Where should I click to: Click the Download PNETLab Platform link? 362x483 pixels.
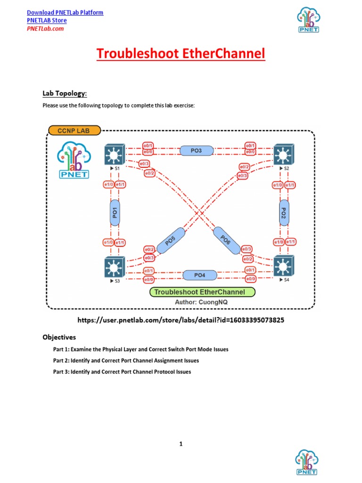coord(65,12)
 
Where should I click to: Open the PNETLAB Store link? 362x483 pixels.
coord(47,20)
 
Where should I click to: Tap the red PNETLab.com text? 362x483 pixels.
coord(45,28)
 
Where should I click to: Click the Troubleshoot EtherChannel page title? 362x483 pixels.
coord(181,54)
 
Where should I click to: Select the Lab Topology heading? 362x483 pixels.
coord(65,93)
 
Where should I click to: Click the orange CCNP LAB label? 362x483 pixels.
coord(74,130)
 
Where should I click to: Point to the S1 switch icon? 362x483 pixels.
coord(114,154)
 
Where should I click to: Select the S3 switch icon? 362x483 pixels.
coord(114,267)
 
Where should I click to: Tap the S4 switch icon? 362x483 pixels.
coord(283,266)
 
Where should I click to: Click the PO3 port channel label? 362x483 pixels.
coord(197,150)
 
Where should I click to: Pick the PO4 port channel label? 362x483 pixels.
coord(200,275)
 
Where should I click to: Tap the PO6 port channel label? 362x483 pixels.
coord(225,241)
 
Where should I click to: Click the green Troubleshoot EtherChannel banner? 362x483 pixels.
coord(203,292)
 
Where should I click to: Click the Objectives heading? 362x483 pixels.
coord(59,337)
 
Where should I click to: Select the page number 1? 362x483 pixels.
coord(181,444)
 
